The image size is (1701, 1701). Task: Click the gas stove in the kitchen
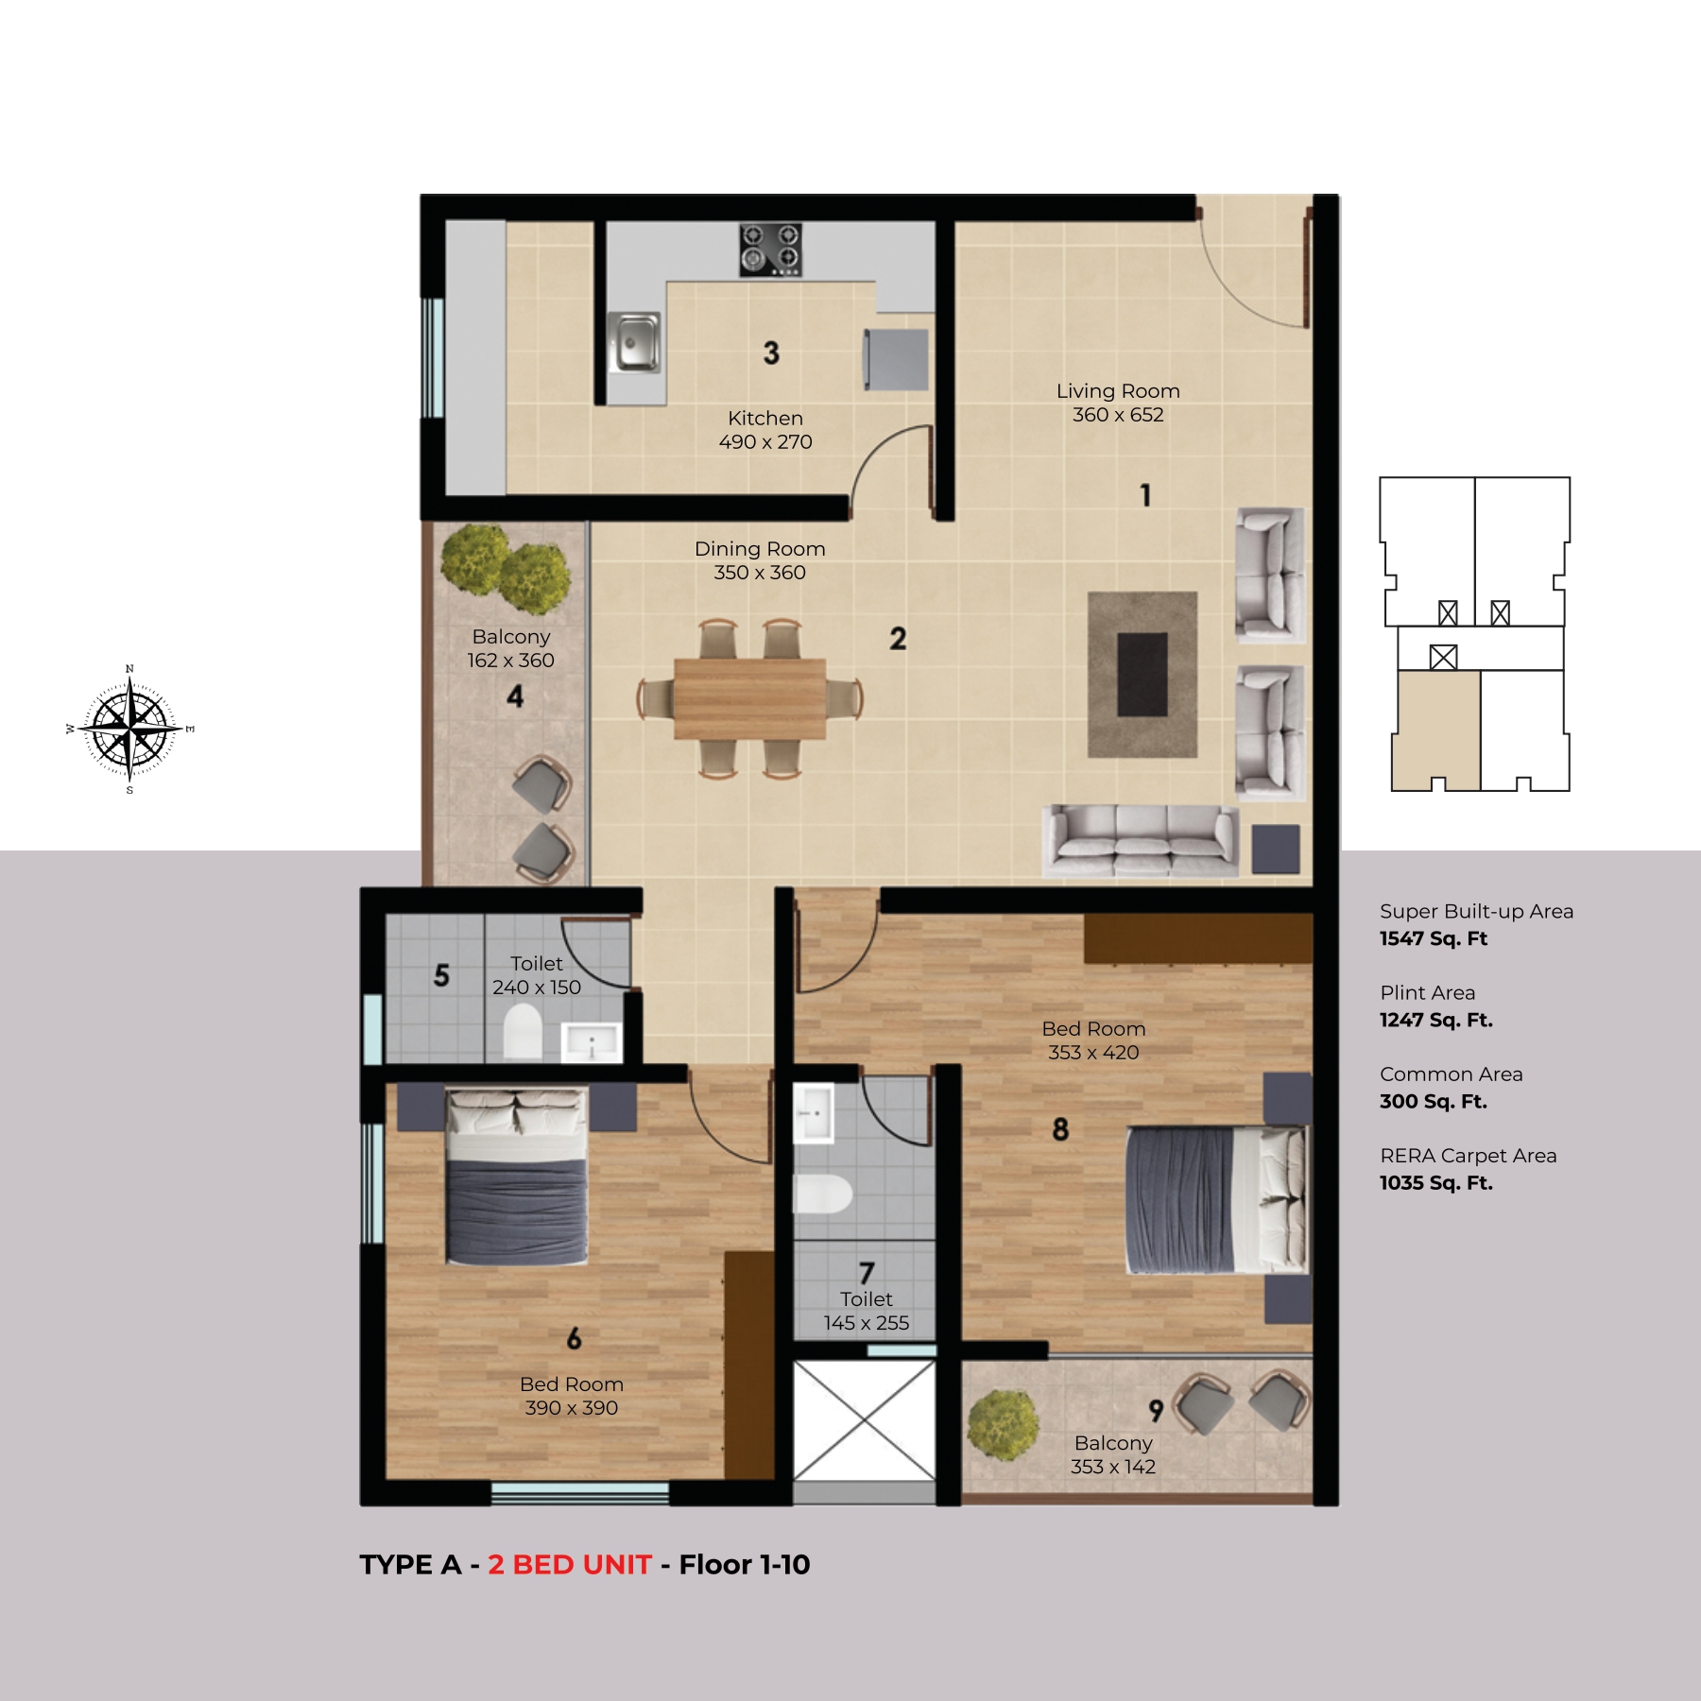point(771,249)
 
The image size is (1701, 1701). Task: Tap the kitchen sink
point(634,342)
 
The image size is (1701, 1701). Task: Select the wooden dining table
point(749,699)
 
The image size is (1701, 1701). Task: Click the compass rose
point(129,730)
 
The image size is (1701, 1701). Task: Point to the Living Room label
point(1118,391)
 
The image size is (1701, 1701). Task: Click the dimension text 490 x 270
point(765,442)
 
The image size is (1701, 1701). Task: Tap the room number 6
point(574,1338)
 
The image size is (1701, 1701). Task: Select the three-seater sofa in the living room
point(1141,840)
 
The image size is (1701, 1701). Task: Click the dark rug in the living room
point(1143,675)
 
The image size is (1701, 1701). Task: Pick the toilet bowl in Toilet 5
point(523,1031)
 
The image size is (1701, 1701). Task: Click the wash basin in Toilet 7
point(813,1113)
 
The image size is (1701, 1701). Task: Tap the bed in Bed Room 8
point(1217,1199)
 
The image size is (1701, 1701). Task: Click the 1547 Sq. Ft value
point(1434,939)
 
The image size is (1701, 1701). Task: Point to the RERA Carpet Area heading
point(1469,1156)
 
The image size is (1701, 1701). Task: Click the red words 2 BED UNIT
point(570,1565)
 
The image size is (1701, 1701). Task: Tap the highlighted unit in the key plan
point(1437,730)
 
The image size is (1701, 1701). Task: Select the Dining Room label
point(760,549)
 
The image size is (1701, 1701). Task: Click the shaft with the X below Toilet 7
point(864,1420)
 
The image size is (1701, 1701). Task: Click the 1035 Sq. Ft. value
point(1436,1183)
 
